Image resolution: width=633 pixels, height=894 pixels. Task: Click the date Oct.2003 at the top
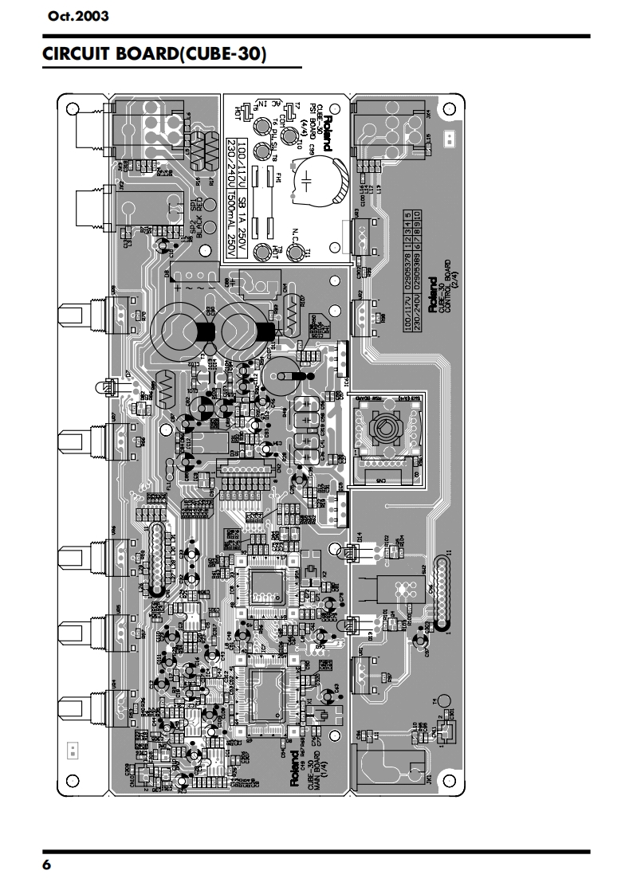tap(78, 15)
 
